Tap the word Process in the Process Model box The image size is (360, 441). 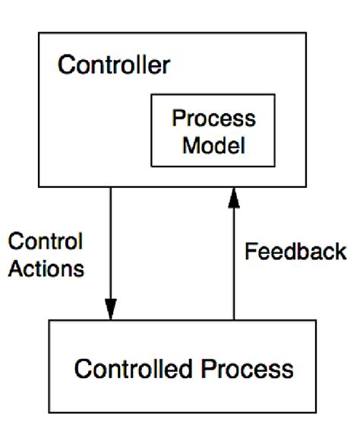tap(213, 119)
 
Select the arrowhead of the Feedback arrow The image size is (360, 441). tap(234, 198)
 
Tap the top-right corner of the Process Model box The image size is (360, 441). tap(275, 94)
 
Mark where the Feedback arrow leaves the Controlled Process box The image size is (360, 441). tap(234, 320)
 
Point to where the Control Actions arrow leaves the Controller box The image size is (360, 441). tap(111, 187)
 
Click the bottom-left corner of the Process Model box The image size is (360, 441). tap(153, 167)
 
